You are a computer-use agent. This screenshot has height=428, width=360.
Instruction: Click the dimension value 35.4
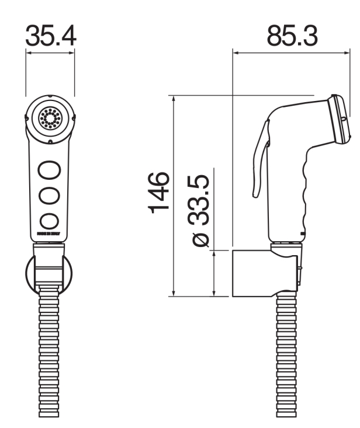click(x=50, y=36)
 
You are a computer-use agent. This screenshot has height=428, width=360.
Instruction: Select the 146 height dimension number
click(x=159, y=193)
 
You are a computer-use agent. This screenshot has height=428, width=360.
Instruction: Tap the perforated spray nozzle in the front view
click(x=50, y=118)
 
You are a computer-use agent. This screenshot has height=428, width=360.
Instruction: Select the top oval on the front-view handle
click(x=50, y=170)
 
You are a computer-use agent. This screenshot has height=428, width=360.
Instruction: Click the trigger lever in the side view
click(x=259, y=158)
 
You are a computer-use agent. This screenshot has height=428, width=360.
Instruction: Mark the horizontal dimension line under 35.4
click(x=50, y=52)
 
